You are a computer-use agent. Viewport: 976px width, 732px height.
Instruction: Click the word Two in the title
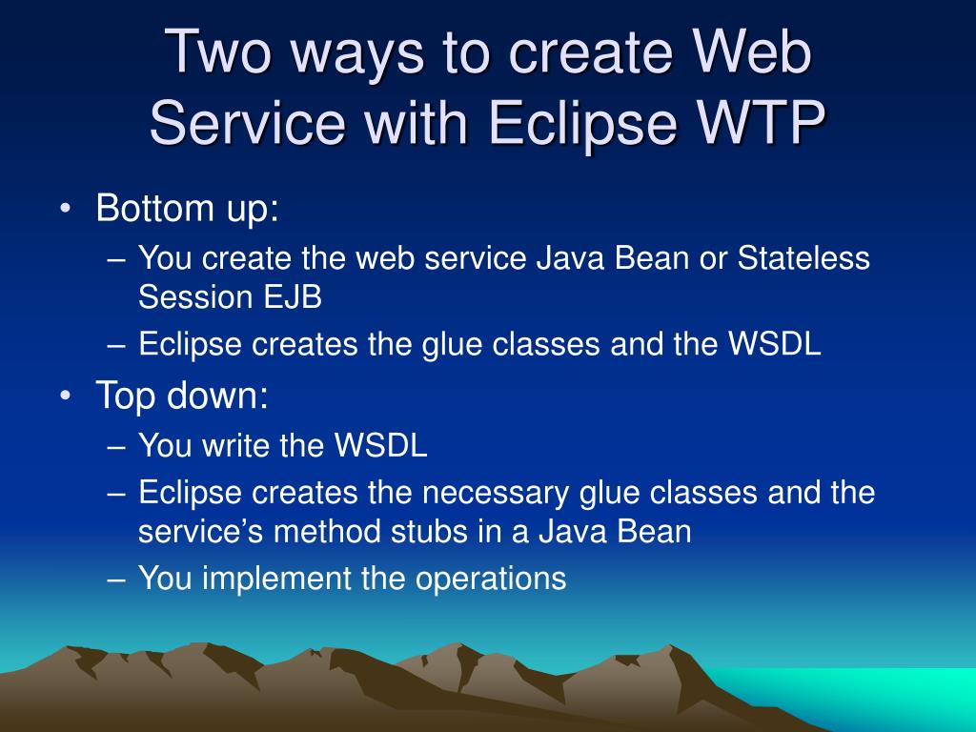[218, 51]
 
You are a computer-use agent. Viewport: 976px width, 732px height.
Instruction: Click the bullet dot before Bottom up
[66, 209]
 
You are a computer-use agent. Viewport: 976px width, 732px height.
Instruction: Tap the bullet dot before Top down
[66, 396]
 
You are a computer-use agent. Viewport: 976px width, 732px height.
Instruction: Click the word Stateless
[803, 257]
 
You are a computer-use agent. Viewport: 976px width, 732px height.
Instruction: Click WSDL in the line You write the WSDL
[380, 445]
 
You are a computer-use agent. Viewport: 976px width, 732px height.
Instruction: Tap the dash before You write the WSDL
[116, 447]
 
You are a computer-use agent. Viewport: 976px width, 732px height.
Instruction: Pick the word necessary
[496, 494]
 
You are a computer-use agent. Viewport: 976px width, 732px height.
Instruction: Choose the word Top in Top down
[125, 396]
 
